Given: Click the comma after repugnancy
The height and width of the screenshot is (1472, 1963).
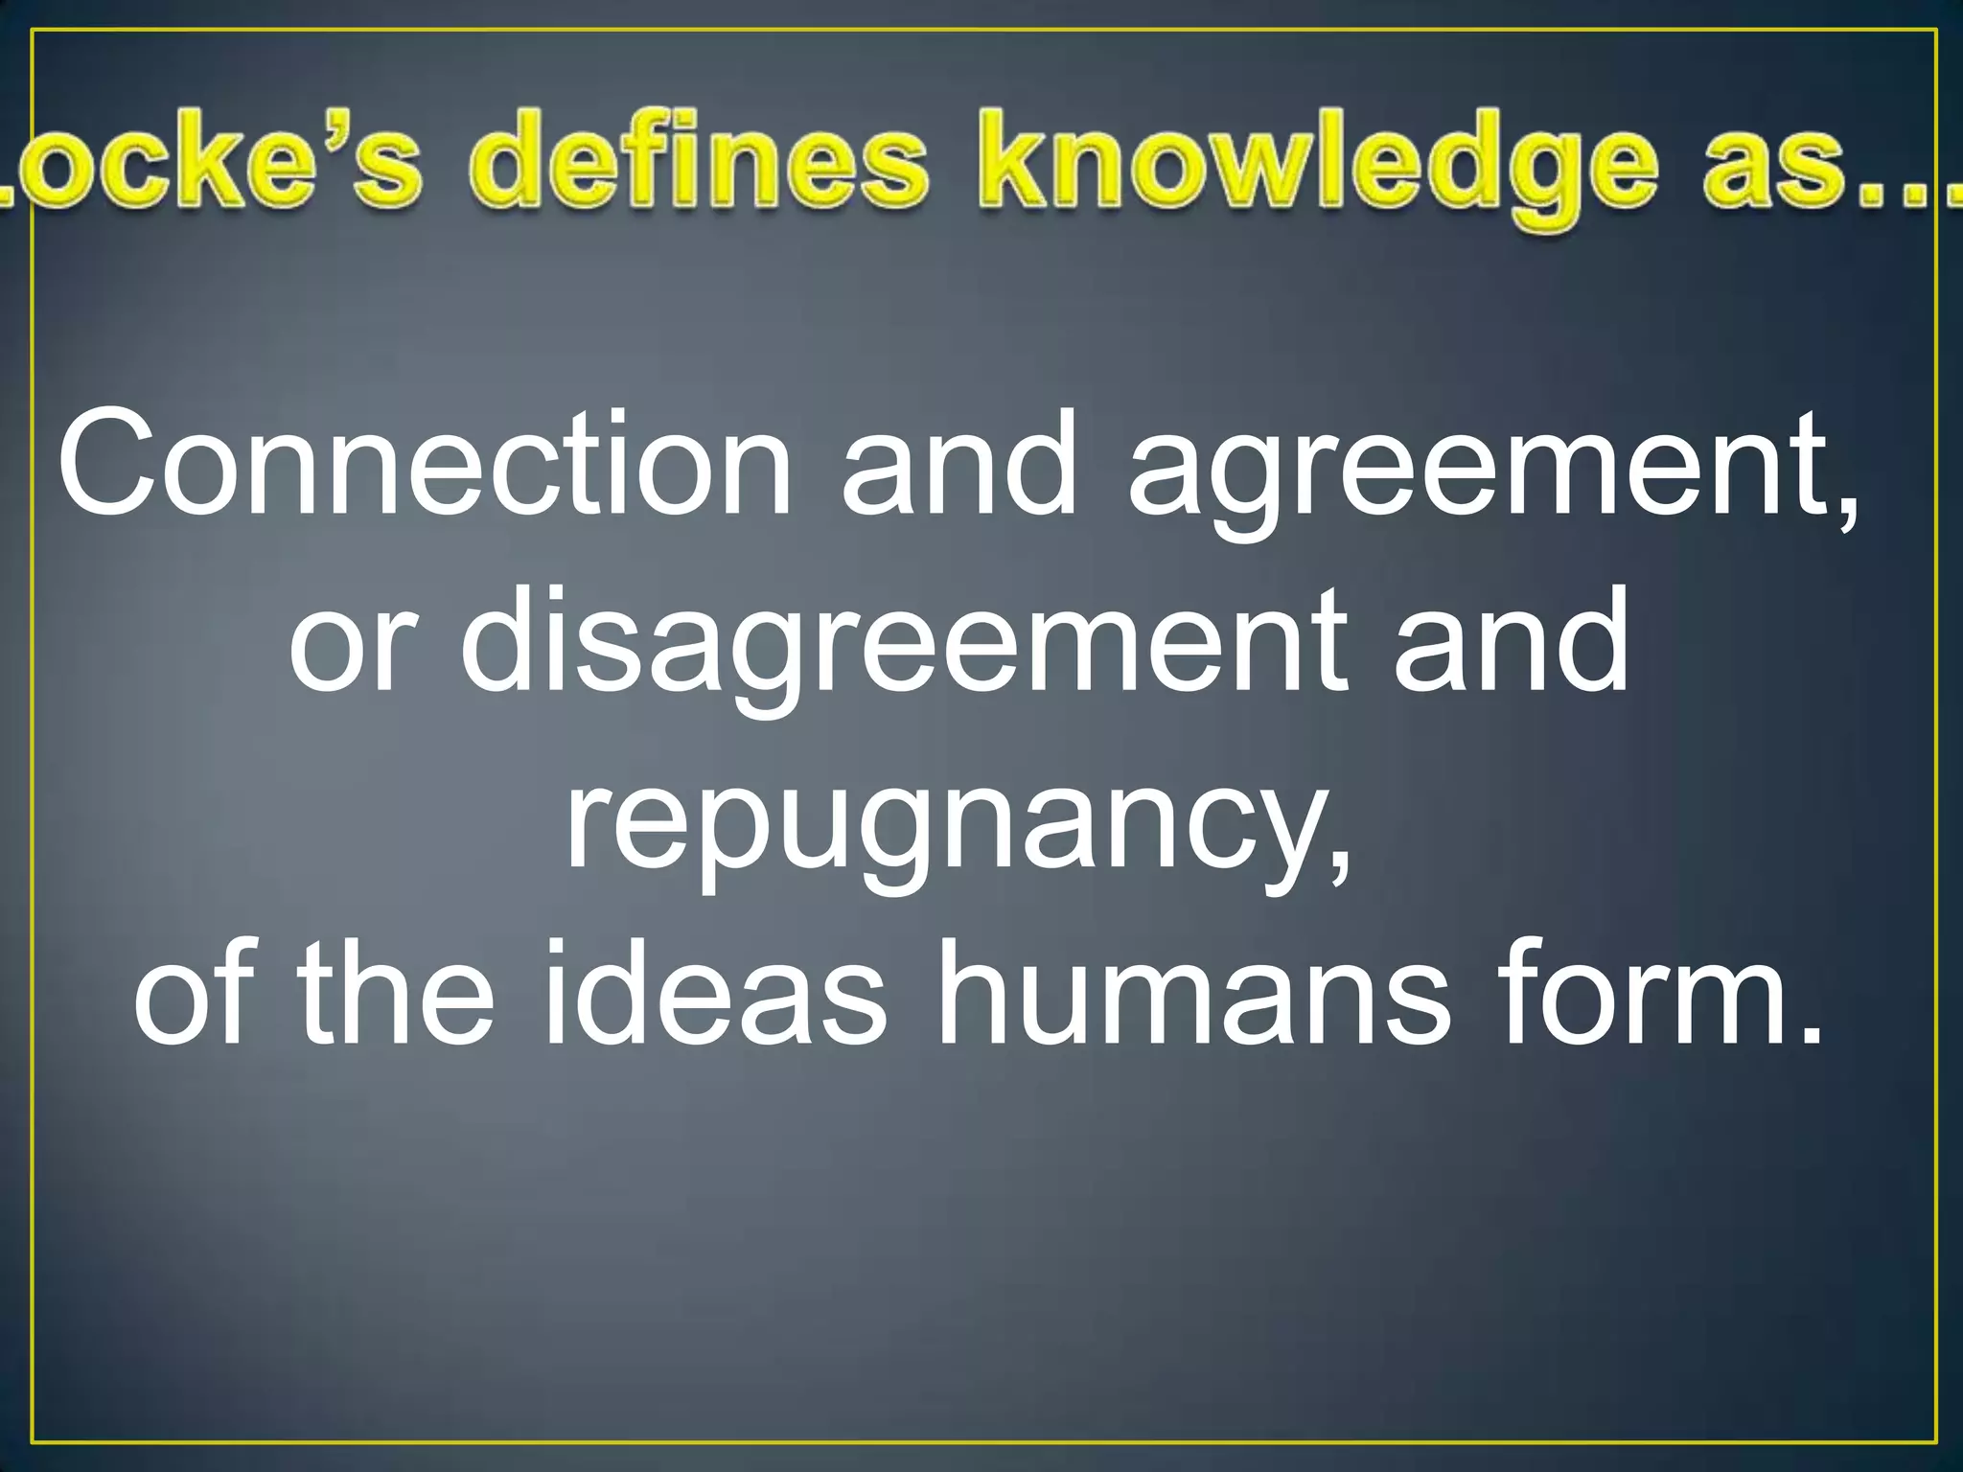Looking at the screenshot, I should tap(1342, 867).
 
